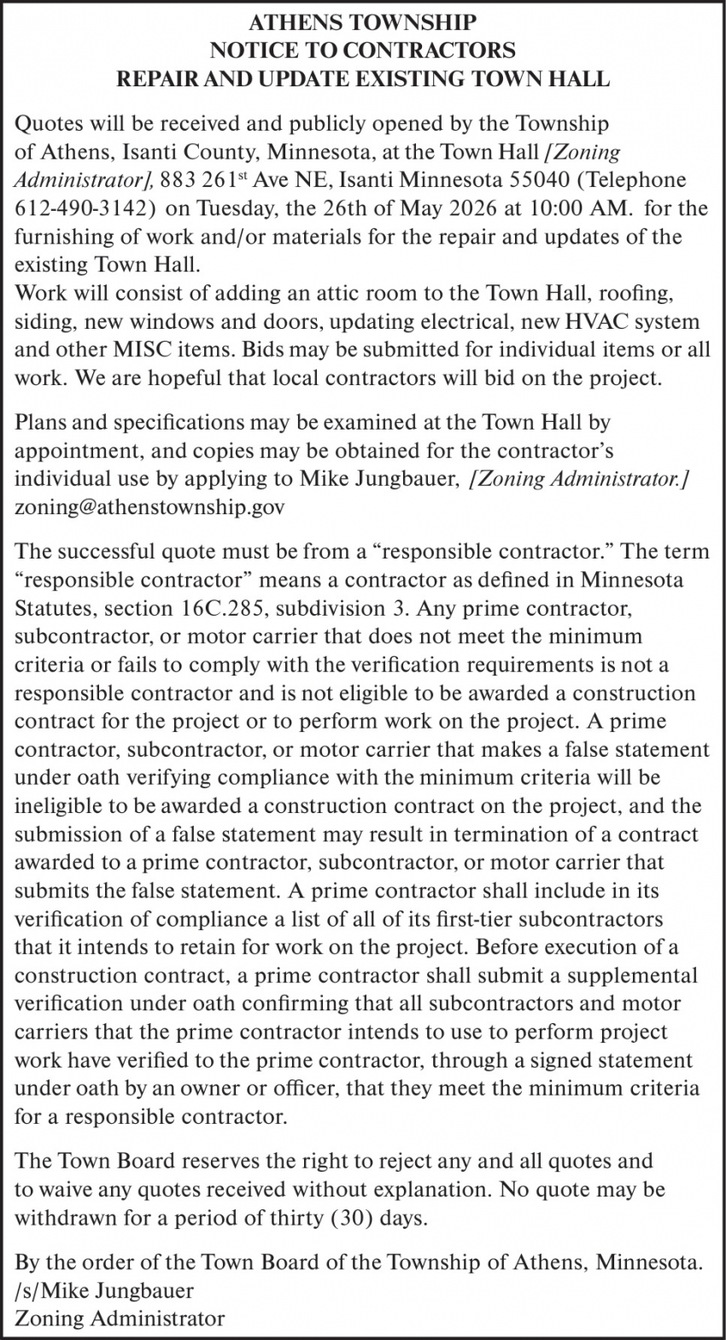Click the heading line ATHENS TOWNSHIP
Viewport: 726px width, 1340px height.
click(x=363, y=22)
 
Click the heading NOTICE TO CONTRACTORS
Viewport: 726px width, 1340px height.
click(x=363, y=50)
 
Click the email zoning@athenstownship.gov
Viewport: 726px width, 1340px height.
click(x=149, y=506)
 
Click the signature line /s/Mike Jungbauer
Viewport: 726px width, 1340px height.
click(x=104, y=1290)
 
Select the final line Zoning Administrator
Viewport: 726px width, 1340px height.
click(x=120, y=1318)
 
